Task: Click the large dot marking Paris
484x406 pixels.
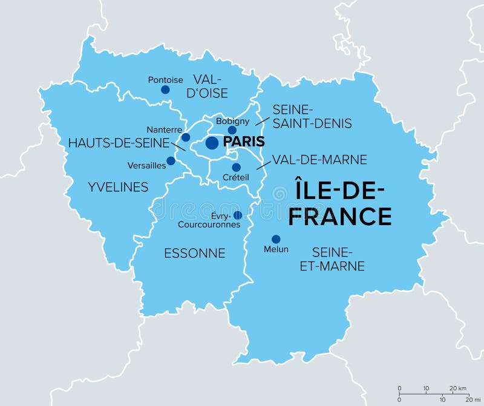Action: pos(212,143)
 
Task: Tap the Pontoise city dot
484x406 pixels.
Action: pos(165,90)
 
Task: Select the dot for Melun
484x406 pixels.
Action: pos(276,239)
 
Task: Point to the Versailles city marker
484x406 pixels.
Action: pos(171,161)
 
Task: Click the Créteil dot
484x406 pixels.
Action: pos(236,167)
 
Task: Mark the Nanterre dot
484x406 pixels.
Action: pos(186,137)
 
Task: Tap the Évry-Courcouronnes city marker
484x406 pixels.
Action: pos(238,215)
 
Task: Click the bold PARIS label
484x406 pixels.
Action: pos(244,142)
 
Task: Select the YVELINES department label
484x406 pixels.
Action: pos(117,188)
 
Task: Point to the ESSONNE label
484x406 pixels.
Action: pos(195,254)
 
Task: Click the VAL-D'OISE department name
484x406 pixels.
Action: pos(208,86)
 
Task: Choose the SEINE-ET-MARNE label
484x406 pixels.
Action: pos(332,258)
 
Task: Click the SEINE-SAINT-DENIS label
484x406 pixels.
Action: pos(312,117)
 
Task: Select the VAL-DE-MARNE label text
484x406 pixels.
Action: pos(319,160)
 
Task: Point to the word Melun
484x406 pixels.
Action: pos(276,249)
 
